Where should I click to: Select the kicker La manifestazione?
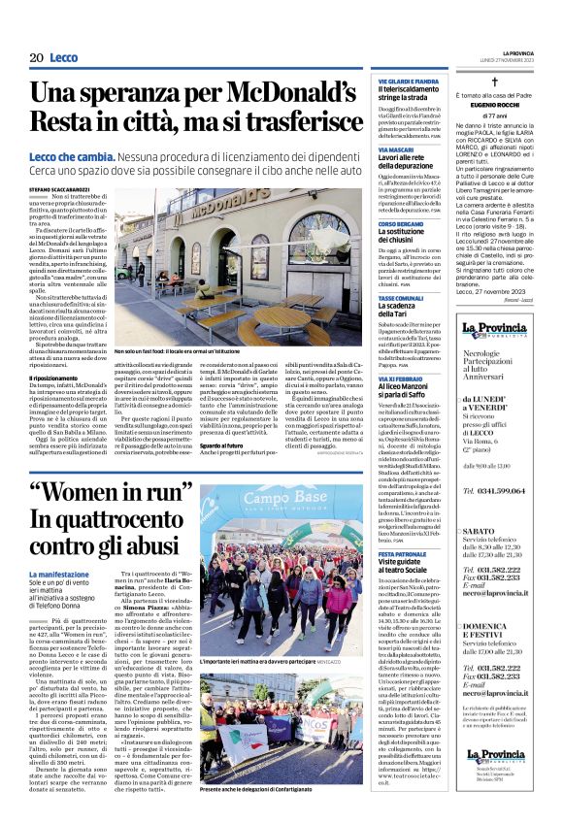59,576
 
